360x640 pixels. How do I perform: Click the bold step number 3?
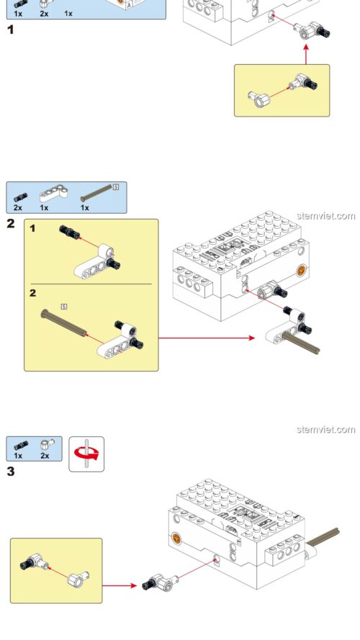(x=10, y=472)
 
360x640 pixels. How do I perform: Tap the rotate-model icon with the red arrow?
(x=86, y=454)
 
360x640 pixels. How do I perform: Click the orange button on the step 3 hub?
(x=175, y=538)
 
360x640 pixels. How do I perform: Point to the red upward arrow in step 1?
(x=305, y=55)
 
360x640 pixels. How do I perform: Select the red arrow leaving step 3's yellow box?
(x=120, y=585)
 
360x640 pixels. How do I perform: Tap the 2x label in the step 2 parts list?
(x=17, y=207)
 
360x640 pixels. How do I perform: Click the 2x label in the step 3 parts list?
(x=45, y=456)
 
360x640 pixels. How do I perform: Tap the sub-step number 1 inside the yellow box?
(x=33, y=228)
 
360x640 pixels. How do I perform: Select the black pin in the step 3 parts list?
(x=18, y=444)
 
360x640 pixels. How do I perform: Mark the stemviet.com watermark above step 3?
(x=325, y=430)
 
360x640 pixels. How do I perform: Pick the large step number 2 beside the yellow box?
(x=10, y=223)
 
